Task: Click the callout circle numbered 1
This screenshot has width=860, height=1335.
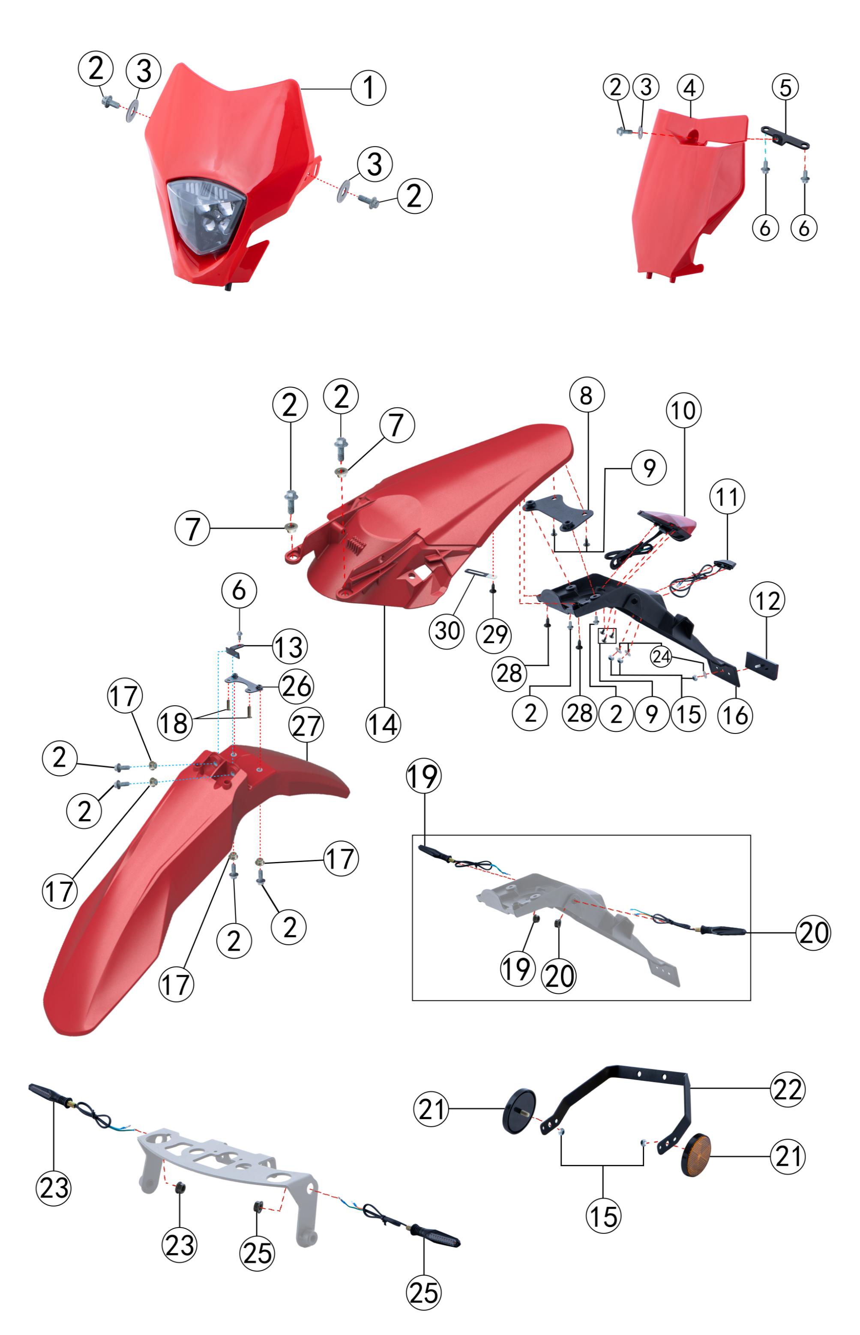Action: pyautogui.click(x=369, y=88)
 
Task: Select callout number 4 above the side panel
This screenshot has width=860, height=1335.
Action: pyautogui.click(x=690, y=88)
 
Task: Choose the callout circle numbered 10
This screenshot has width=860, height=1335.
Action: pyautogui.click(x=683, y=410)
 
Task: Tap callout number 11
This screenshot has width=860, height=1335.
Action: pyautogui.click(x=727, y=497)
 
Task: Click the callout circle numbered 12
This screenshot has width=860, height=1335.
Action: pyautogui.click(x=767, y=600)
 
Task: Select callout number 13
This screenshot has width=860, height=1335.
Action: pyautogui.click(x=290, y=647)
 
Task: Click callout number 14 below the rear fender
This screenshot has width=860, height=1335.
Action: pyautogui.click(x=383, y=725)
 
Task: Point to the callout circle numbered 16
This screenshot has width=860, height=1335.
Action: pyautogui.click(x=735, y=715)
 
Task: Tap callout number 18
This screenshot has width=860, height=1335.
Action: pyautogui.click(x=175, y=724)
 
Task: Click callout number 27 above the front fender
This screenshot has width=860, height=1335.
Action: pyautogui.click(x=306, y=725)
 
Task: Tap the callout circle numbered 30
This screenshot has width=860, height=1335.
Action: pyautogui.click(x=447, y=632)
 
